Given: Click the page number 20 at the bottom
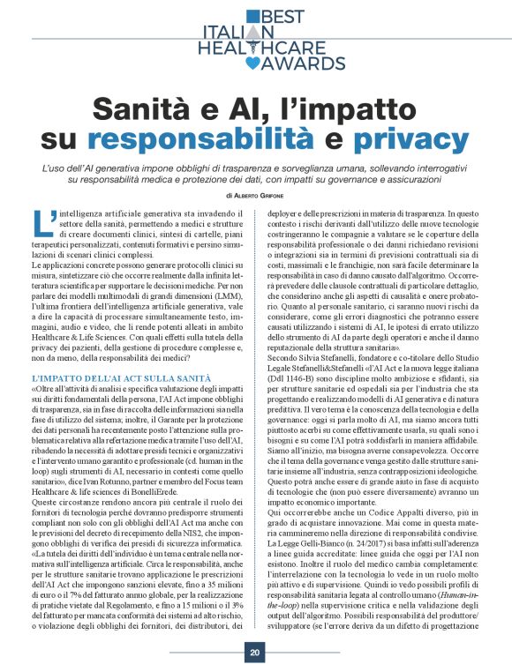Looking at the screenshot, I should coord(254,652).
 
